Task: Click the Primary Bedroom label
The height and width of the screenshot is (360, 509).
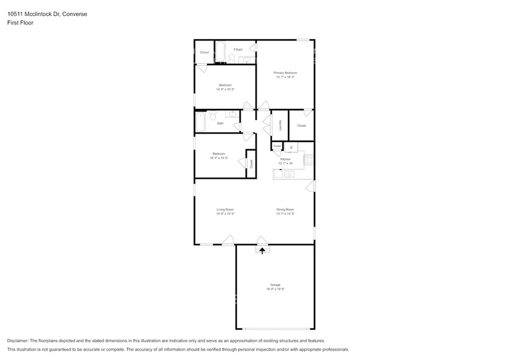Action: [x=285, y=73]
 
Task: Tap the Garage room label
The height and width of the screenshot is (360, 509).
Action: [x=275, y=285]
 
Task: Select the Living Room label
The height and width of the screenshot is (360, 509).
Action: [x=225, y=209]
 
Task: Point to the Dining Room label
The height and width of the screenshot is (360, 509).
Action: [x=285, y=209]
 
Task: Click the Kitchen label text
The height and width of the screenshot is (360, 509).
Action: [x=285, y=159]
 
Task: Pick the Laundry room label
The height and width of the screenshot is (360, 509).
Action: [x=280, y=125]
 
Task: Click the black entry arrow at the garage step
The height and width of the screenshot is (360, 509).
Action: [x=262, y=250]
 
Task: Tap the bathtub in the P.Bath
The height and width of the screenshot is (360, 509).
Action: [x=221, y=51]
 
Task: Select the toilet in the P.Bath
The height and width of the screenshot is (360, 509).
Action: [x=232, y=59]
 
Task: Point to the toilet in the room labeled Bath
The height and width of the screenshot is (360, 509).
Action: [x=213, y=115]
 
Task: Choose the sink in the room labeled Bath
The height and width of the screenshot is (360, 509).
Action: [x=233, y=114]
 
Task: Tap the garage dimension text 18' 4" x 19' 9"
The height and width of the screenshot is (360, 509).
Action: [x=275, y=289]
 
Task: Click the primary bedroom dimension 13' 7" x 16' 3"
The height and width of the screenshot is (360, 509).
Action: [x=285, y=77]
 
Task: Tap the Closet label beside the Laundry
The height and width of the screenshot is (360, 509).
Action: [x=301, y=126]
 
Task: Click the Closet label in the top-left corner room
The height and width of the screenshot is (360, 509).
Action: [x=204, y=52]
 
